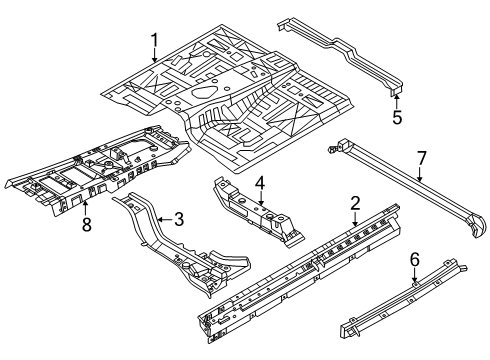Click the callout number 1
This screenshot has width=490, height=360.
(x=155, y=41)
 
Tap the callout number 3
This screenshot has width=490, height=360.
(x=180, y=218)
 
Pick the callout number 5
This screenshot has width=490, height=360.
(x=396, y=116)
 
